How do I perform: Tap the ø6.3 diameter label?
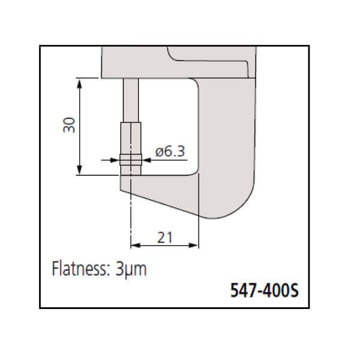[170, 152]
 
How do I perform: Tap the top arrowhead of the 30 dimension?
[79, 82]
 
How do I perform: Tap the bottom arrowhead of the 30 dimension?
[79, 171]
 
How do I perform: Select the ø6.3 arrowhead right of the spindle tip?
[146, 160]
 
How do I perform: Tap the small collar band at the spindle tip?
[130, 160]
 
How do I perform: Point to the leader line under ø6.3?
[168, 160]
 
